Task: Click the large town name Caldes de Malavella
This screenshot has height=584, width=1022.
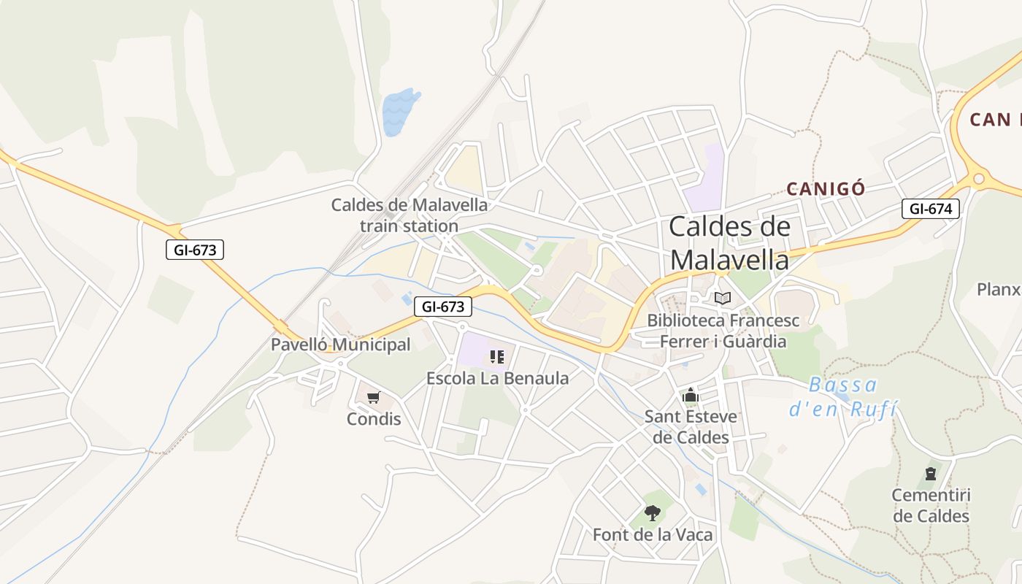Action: tap(729, 242)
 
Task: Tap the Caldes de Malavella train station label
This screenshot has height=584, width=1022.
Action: tap(409, 215)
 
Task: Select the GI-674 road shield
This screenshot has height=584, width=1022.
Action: tap(930, 209)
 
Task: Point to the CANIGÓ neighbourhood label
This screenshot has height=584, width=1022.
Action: tap(826, 189)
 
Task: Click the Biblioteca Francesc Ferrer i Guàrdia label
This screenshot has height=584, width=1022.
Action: tap(723, 331)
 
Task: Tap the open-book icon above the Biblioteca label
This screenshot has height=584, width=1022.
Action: tap(723, 298)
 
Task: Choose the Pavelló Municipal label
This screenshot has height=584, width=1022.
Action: tap(340, 345)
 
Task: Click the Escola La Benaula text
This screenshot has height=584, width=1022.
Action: tap(497, 378)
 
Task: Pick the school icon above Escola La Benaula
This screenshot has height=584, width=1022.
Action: tap(497, 357)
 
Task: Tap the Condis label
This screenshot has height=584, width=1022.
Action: tap(374, 419)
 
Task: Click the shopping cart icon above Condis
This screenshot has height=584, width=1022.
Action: tap(374, 398)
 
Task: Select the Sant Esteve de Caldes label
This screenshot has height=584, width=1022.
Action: tap(691, 427)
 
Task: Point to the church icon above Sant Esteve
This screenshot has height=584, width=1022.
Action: tap(691, 396)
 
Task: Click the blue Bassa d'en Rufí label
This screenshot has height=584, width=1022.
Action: tap(843, 396)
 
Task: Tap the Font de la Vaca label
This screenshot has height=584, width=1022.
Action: tap(653, 534)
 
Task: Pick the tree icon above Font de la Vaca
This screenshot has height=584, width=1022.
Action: tap(653, 512)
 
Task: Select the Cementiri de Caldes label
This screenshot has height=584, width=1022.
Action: tap(931, 506)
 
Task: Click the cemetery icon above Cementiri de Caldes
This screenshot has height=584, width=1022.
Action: tap(931, 474)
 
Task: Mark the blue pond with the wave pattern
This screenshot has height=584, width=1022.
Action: tap(399, 112)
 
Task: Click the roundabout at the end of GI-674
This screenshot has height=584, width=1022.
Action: tap(979, 178)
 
